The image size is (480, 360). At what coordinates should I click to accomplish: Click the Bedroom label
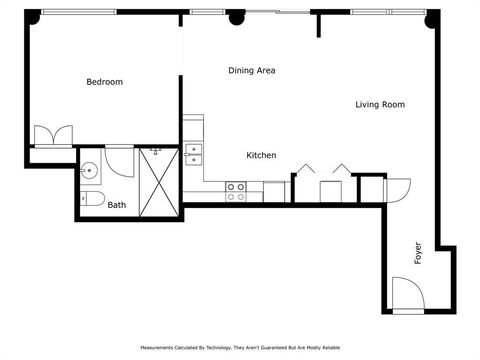point(104,82)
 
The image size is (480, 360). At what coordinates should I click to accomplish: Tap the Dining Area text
point(251,70)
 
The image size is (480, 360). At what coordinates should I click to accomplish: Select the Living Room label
point(380,104)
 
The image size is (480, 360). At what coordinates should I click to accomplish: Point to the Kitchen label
point(261,155)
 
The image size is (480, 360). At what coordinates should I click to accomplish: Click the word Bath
point(117,205)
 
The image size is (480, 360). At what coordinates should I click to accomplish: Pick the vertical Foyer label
point(418,252)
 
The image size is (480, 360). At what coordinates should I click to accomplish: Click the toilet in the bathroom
point(91,199)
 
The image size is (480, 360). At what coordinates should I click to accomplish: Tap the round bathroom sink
point(89,169)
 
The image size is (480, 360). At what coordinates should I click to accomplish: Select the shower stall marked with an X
point(158,180)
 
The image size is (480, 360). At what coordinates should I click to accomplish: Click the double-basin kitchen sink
point(193,154)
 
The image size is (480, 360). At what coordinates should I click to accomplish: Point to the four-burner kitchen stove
point(236,191)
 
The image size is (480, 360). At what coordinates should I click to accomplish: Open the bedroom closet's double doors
point(52,135)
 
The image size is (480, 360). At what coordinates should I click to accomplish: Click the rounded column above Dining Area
point(237,17)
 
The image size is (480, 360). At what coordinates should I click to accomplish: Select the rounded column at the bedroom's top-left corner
point(33,16)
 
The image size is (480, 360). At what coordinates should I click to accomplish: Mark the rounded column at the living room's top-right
point(433,17)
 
